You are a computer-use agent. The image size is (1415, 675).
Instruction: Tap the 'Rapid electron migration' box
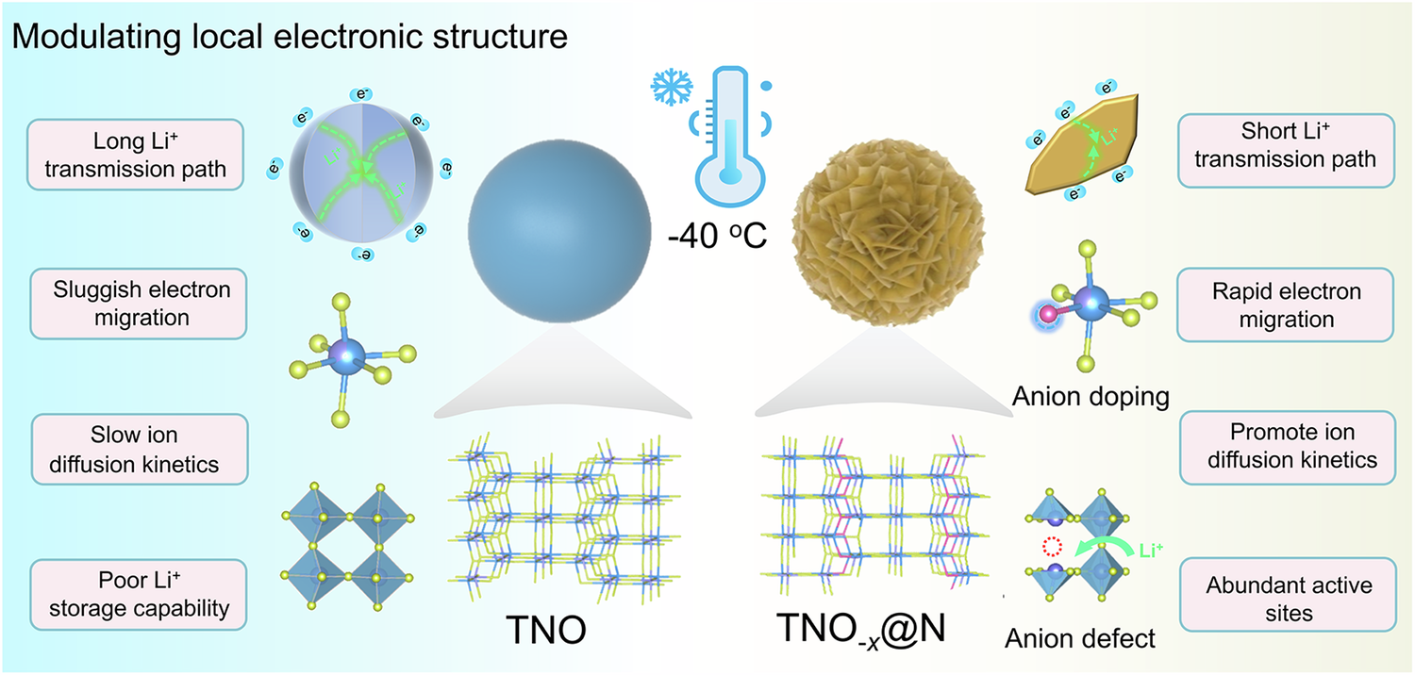1285,305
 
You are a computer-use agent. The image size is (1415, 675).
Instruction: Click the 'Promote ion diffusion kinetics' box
1285,445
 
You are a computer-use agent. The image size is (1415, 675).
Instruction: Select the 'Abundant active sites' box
1289,599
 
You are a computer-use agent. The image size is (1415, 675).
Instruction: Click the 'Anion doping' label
1090,397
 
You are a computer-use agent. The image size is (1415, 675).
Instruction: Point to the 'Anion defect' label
1080,638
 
